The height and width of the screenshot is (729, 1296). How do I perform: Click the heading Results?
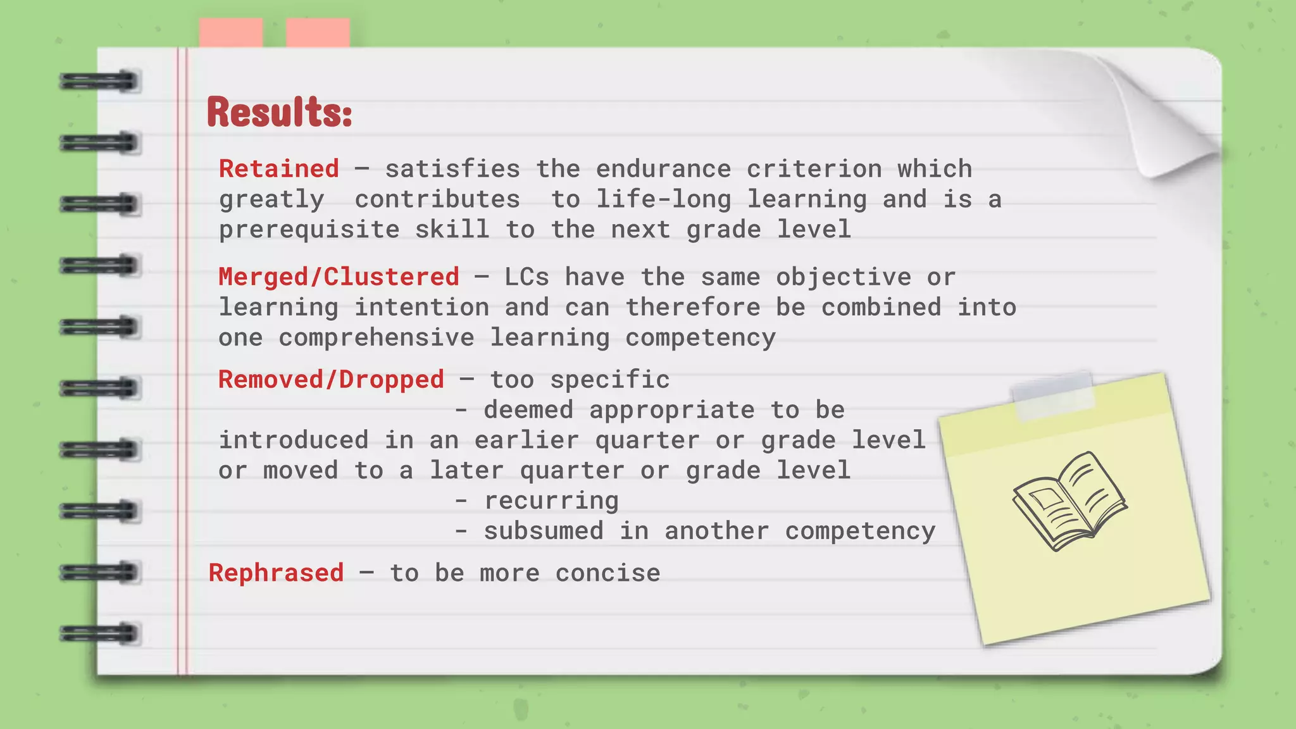point(279,112)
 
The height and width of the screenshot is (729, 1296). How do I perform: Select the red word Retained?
point(279,169)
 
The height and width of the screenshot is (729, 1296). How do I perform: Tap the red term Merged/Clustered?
point(339,277)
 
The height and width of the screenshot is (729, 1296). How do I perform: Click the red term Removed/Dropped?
point(331,380)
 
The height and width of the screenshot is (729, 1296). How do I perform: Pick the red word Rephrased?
point(277,573)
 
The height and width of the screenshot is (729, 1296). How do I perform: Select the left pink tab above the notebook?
point(231,33)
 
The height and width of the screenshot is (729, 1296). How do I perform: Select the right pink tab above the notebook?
point(318,33)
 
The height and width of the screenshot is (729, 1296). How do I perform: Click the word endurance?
point(663,169)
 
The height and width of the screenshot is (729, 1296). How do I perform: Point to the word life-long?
point(663,199)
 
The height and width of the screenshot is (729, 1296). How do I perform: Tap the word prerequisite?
point(309,230)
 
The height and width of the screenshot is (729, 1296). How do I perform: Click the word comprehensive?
point(377,338)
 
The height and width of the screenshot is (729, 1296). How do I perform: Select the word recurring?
point(551,501)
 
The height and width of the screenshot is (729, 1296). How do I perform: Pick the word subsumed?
point(544,531)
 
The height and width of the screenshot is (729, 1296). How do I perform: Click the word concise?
point(607,573)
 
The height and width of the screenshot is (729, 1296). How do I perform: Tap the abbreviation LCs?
point(526,277)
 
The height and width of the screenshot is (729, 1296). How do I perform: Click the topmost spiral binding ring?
point(99,82)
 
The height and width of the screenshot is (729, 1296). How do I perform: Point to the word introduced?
point(294,440)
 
